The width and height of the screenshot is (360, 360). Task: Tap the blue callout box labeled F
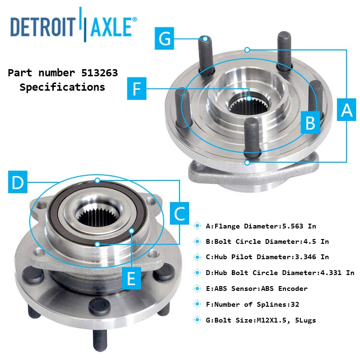coord(137,90)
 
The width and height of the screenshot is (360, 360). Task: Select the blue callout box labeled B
coord(311,123)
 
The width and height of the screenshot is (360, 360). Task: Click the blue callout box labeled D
coord(18,183)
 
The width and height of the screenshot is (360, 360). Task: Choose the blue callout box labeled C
coord(180,214)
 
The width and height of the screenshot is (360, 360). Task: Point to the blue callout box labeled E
coord(131,277)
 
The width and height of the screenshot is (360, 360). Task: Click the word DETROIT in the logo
coord(43,27)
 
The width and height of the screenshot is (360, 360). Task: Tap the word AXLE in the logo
coord(110,27)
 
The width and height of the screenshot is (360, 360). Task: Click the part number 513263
coord(96,73)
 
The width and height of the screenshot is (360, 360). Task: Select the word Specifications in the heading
coord(62,87)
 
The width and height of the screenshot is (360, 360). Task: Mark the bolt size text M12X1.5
coord(268,320)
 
